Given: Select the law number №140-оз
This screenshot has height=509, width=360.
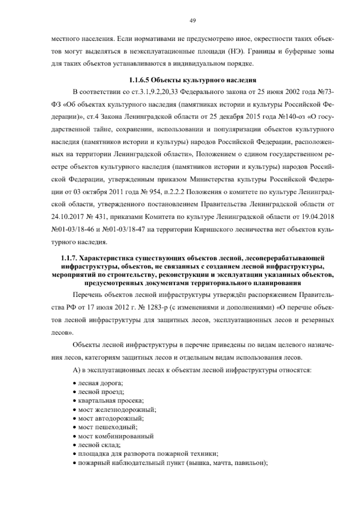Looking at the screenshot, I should coord(289,117).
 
